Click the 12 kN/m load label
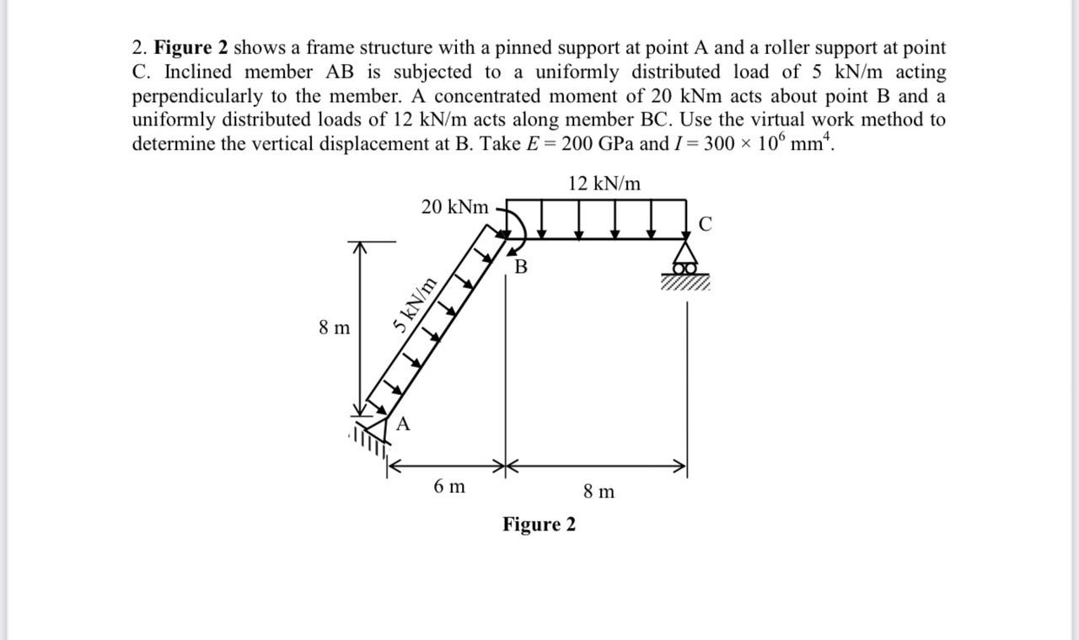click(604, 184)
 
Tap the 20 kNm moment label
click(454, 207)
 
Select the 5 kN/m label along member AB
click(415, 305)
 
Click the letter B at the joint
click(520, 268)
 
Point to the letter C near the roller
click(706, 224)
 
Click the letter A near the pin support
click(403, 424)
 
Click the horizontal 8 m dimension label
click(599, 491)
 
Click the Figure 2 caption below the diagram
click(539, 525)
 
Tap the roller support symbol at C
click(687, 261)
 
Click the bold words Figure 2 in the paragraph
click(191, 49)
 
